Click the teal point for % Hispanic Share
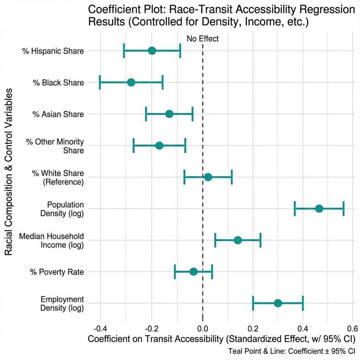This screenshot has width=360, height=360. click(x=152, y=51)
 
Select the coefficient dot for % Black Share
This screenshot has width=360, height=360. click(x=131, y=83)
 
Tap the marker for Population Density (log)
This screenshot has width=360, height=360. click(x=319, y=208)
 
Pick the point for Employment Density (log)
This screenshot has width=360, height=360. click(x=278, y=303)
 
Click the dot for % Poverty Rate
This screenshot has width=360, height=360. click(x=193, y=271)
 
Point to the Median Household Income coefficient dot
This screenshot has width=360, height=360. click(x=238, y=240)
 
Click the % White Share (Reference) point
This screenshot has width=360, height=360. click(x=208, y=177)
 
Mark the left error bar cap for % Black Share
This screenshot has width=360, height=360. click(x=100, y=83)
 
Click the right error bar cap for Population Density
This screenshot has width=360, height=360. click(x=343, y=208)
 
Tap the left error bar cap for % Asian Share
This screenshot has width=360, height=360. click(x=146, y=114)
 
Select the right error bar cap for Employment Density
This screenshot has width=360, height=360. click(x=303, y=303)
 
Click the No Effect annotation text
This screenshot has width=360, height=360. click(x=202, y=39)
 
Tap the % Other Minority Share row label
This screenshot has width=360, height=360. click(x=55, y=146)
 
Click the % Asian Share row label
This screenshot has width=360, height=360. click(x=58, y=114)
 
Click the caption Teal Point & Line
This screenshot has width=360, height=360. click(x=291, y=351)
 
